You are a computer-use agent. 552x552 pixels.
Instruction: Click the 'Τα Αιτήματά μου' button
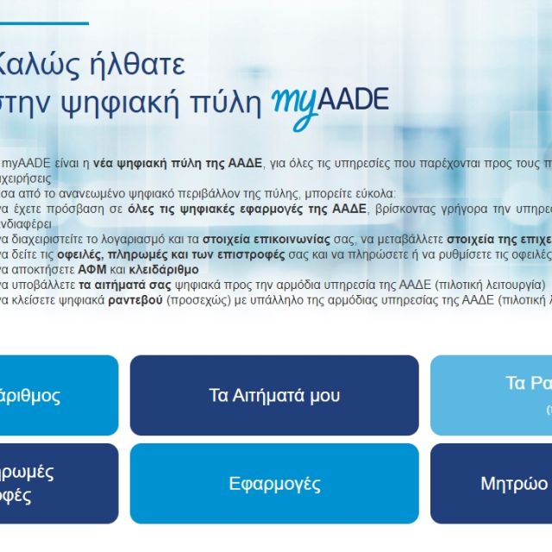[x=274, y=395]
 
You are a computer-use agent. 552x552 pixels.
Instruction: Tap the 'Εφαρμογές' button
[x=274, y=484]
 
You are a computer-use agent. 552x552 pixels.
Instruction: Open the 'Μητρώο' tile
[x=513, y=483]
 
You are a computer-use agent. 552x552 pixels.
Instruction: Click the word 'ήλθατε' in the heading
[x=137, y=65]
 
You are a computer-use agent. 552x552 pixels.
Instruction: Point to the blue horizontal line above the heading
[x=43, y=23]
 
